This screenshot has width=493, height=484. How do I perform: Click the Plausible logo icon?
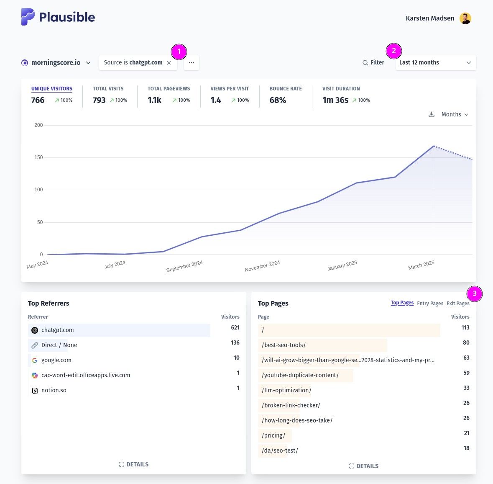coord(28,17)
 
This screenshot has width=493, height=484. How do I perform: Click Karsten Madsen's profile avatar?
coord(465,18)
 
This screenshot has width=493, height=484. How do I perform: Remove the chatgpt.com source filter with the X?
coord(169,63)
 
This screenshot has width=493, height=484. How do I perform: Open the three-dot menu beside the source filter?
coord(192,63)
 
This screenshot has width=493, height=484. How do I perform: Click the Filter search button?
coord(373,62)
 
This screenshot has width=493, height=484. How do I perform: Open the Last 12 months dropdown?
coord(436,62)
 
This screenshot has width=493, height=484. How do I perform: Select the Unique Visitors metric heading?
coord(52,89)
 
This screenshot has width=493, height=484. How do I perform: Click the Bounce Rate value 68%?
coord(278,100)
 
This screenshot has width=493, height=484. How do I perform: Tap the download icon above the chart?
coord(432,114)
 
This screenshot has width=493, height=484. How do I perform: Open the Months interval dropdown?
coord(455,114)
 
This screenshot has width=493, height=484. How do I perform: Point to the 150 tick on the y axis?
coord(38,157)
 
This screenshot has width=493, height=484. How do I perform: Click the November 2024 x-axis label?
coord(262,266)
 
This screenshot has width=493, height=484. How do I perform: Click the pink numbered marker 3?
coord(475,294)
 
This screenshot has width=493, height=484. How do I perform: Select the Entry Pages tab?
coord(430,304)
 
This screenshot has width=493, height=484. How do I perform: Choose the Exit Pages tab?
coord(458,304)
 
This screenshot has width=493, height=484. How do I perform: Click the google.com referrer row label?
coord(56,360)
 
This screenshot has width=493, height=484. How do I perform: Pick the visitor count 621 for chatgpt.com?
coord(235,327)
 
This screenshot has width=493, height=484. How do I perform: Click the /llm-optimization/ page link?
coord(286,390)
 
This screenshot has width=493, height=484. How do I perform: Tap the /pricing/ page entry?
coord(273,435)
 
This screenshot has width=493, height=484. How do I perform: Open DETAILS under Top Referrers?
coord(134,464)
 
